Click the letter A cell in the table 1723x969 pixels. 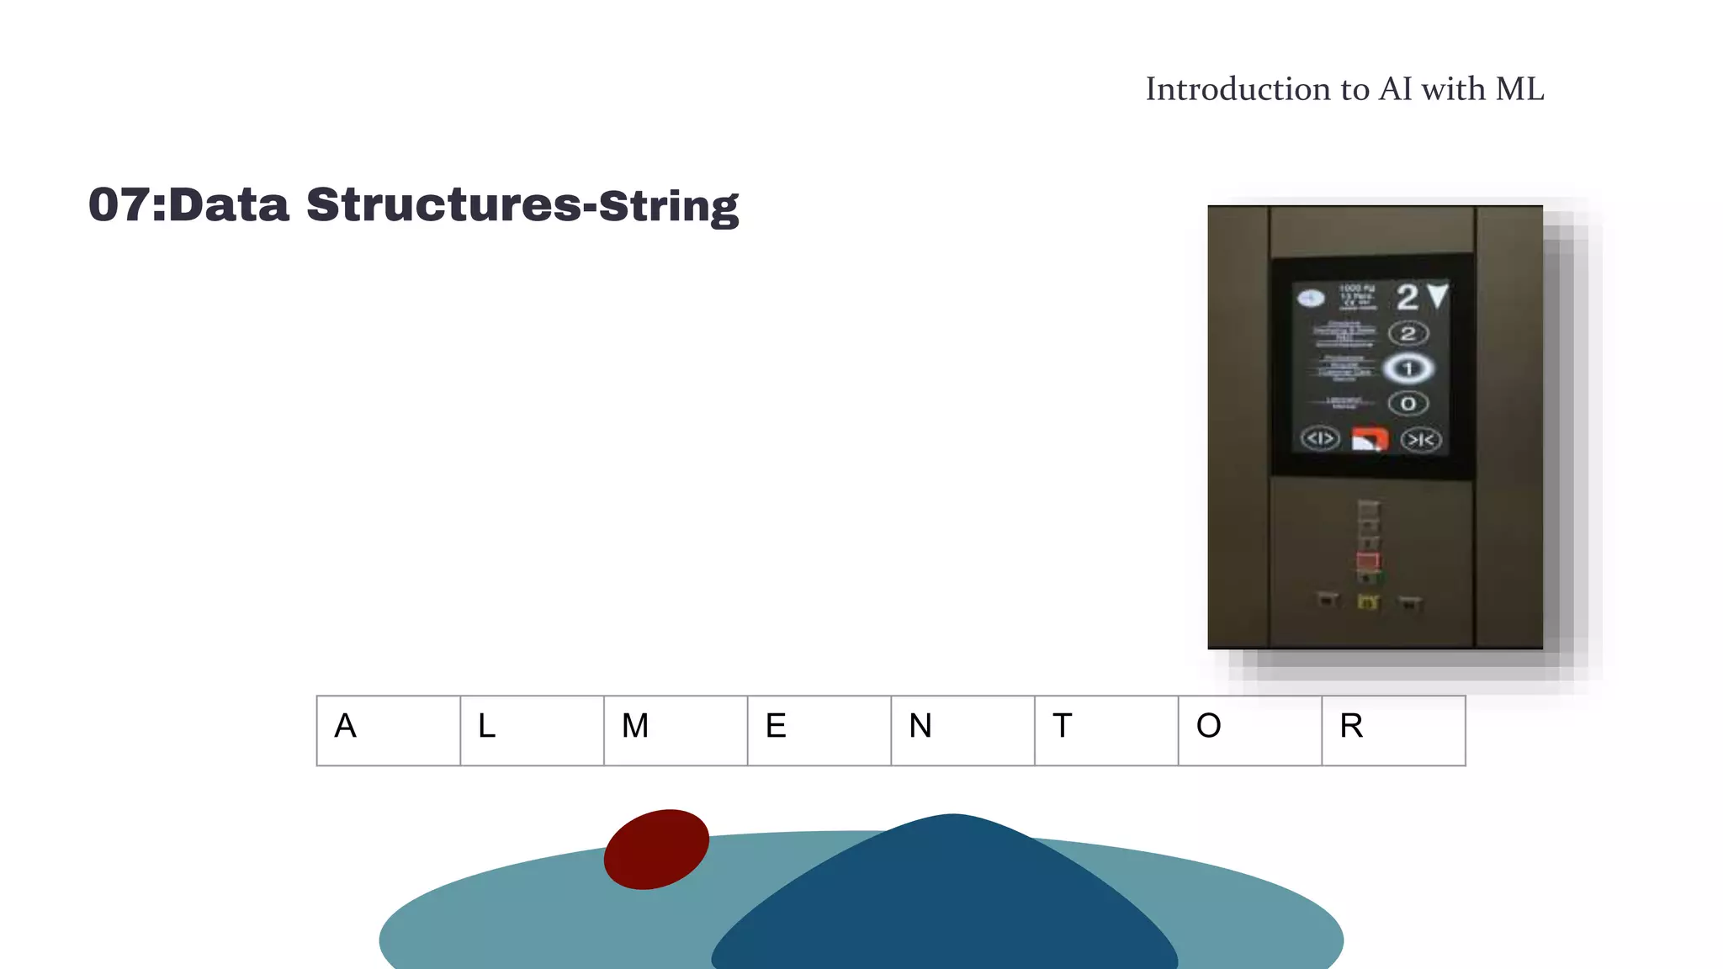point(388,730)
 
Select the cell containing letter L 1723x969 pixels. point(532,730)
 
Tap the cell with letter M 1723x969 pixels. point(676,730)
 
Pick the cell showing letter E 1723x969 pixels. point(819,730)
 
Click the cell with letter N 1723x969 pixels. point(962,730)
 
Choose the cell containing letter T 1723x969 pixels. point(1106,730)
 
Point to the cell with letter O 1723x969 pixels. point(1249,730)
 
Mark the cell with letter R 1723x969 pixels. point(1393,730)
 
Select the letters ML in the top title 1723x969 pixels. point(1519,89)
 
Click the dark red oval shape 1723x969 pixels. point(656,849)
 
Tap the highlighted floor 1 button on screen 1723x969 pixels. point(1408,368)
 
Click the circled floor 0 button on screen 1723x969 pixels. point(1408,404)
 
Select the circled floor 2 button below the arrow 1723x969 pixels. point(1408,333)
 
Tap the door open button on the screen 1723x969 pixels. point(1320,438)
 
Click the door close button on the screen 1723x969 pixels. point(1421,439)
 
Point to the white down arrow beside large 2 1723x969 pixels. point(1438,294)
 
